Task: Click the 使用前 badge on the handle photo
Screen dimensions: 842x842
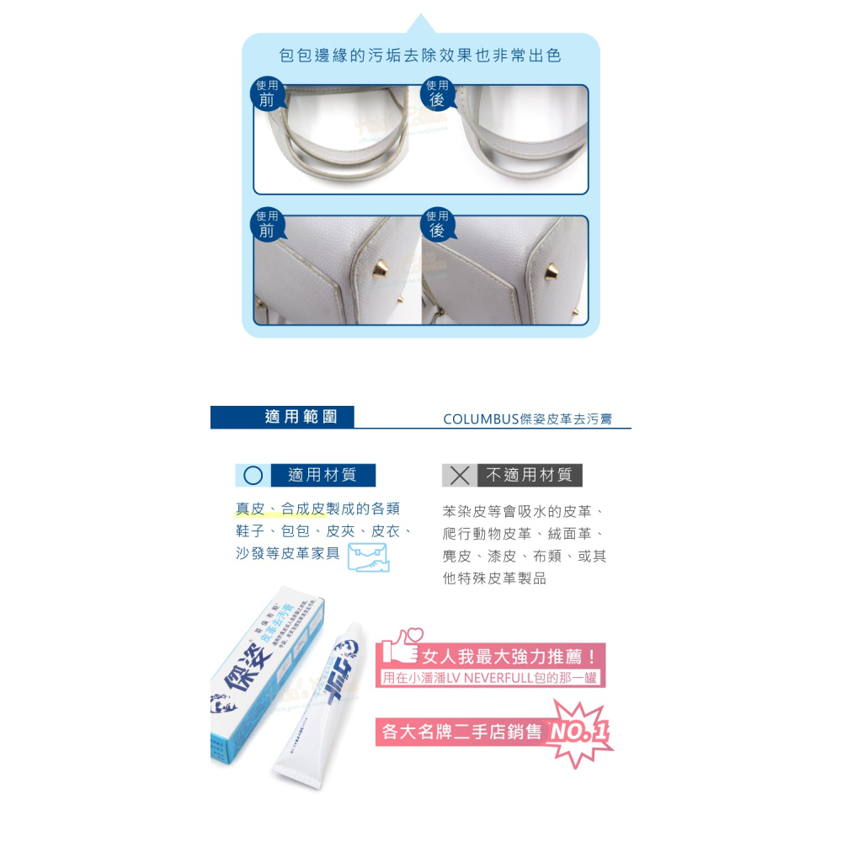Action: [x=267, y=93]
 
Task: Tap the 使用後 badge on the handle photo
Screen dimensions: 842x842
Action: [x=436, y=93]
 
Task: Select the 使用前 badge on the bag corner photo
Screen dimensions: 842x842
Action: [x=267, y=224]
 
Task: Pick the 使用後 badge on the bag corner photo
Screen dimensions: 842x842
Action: [x=436, y=224]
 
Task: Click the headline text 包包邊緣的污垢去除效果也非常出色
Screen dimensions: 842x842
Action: [x=420, y=56]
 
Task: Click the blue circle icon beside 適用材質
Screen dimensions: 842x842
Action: [x=253, y=475]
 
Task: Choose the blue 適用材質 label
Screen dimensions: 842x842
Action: [x=322, y=475]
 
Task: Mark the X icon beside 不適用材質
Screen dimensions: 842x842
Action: [x=459, y=475]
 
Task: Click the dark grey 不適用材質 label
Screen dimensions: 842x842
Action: [x=529, y=475]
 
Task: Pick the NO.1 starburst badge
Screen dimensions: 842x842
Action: [x=578, y=733]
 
